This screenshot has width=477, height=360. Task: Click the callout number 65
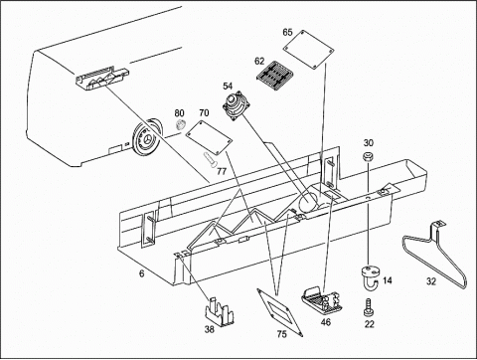coord(287,32)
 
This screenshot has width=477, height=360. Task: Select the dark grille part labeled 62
coord(274,77)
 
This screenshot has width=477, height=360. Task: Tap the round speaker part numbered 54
coord(237,106)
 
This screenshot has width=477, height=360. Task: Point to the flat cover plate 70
coord(209,137)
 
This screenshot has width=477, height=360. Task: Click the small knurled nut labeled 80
coord(180,124)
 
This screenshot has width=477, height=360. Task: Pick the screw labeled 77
coord(210,159)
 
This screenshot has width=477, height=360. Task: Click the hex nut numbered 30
coord(368,156)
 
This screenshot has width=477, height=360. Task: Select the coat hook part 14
coord(370,276)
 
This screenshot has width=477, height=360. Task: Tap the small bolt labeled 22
coord(368,307)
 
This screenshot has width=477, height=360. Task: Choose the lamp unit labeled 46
coord(321,300)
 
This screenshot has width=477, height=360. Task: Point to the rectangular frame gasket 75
coord(280,312)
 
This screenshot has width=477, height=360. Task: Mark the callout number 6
coord(142,273)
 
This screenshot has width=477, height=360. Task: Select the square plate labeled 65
coord(309,50)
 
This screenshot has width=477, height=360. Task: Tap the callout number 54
coord(228,87)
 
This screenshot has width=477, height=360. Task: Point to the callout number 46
coord(326,321)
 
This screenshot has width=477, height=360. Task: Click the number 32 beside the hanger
coord(430,281)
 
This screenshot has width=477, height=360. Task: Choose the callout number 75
coord(281,334)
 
